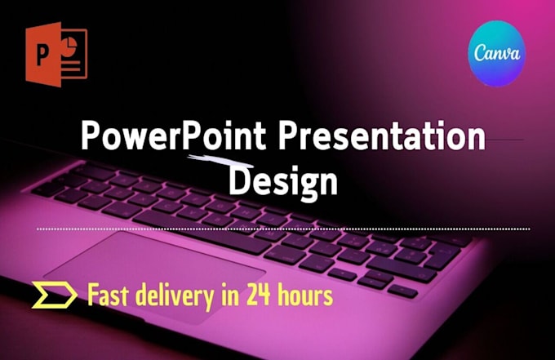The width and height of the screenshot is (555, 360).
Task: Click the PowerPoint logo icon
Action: tap(55, 53)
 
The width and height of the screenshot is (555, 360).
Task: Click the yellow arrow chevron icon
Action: tap(54, 296)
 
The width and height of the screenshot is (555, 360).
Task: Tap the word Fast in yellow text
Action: tap(111, 296)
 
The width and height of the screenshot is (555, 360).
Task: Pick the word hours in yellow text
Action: tap(307, 296)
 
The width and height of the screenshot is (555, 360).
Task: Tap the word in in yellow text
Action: tap(229, 296)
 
